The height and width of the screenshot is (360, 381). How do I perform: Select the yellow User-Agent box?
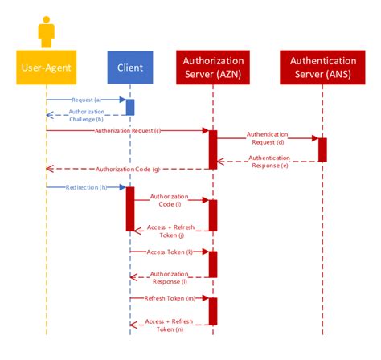[x=47, y=68]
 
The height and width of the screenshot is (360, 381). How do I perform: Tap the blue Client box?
[x=129, y=68]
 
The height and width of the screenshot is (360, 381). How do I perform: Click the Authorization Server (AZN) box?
[x=213, y=67]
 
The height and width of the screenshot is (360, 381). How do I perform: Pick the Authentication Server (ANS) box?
[x=322, y=67]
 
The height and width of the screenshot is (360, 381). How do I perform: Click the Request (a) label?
[x=85, y=99]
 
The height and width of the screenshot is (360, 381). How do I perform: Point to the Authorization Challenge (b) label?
[x=85, y=115]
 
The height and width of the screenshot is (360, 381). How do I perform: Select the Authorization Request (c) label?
[x=128, y=129]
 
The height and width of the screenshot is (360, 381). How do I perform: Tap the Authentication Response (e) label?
[x=268, y=162]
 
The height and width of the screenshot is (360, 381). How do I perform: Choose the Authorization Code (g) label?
[x=128, y=169]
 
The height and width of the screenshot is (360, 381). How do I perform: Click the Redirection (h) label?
[x=85, y=186]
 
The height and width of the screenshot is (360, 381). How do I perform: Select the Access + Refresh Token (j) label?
[x=170, y=231]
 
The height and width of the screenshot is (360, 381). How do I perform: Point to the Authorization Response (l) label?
[x=170, y=278]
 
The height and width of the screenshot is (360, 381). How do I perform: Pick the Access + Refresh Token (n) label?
[x=170, y=325]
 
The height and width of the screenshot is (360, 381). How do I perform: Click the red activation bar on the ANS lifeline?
[x=322, y=149]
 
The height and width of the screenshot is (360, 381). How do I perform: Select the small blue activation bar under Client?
[x=129, y=107]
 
